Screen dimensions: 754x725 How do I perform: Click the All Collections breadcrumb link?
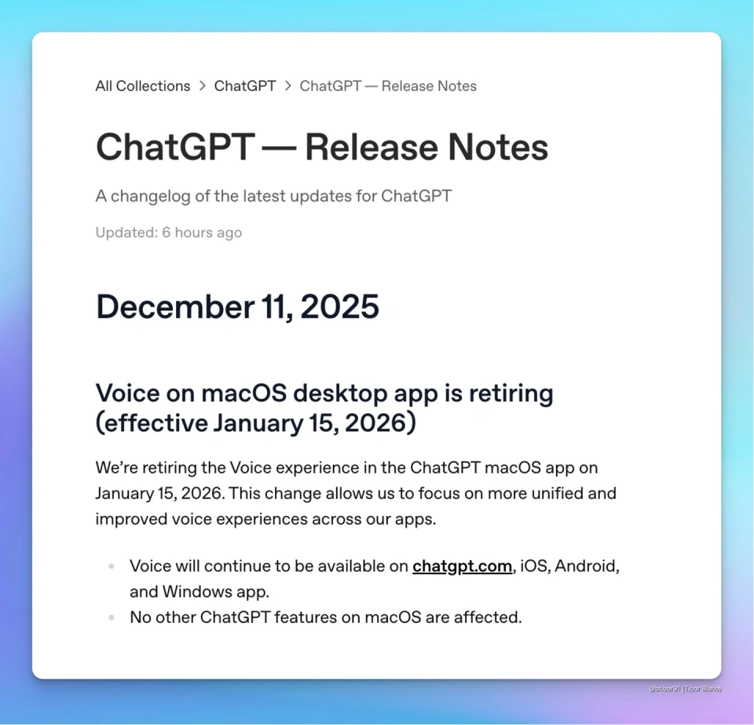point(143,86)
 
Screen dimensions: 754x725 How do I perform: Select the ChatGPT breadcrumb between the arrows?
point(245,86)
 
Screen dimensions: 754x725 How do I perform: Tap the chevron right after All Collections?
point(203,86)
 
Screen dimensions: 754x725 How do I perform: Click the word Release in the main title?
point(372,147)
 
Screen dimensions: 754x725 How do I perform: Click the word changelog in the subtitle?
point(151,196)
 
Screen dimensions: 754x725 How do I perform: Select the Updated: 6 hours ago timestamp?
point(168,233)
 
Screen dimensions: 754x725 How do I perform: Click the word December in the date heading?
point(175,306)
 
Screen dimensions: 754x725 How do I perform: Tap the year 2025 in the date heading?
point(340,306)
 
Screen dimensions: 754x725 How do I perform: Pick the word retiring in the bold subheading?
point(511,394)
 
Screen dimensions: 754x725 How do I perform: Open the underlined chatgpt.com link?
point(462,566)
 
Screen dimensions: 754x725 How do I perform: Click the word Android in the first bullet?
point(587,566)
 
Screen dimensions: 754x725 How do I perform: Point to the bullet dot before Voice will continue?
point(112,566)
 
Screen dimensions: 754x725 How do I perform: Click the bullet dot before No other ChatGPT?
point(112,617)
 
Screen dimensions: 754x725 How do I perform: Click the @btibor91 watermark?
point(685,689)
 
